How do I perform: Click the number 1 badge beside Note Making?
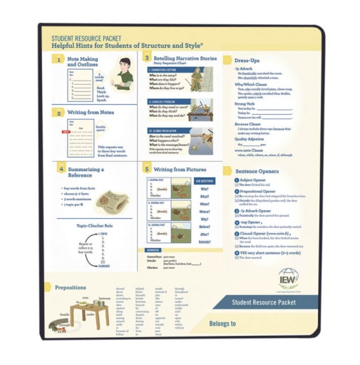[x=61, y=60]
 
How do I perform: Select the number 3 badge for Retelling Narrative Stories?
[x=147, y=58]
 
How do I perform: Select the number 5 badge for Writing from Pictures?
[x=147, y=169]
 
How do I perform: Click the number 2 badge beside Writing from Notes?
[x=61, y=113]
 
